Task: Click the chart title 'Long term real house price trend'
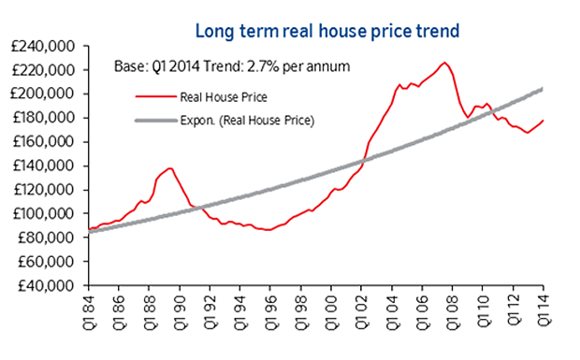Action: [x=326, y=31]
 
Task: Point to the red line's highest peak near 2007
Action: [x=444, y=63]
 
